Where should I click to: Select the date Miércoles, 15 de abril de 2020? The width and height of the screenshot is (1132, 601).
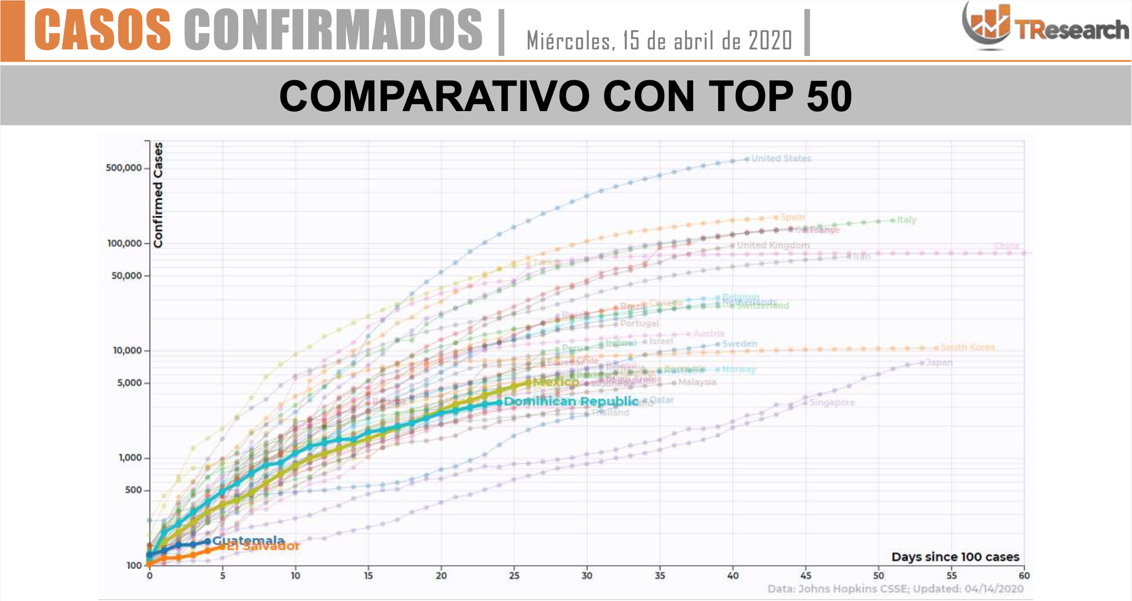[x=659, y=41]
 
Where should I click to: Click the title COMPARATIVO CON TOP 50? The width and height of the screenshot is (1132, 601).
[x=566, y=96]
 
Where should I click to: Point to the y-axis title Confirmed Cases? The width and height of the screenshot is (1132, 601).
[x=158, y=195]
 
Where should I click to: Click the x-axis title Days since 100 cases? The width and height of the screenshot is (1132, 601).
[x=955, y=557]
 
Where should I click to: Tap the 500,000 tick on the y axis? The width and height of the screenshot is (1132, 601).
[x=124, y=168]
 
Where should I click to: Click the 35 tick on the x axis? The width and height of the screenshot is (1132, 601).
[x=659, y=576]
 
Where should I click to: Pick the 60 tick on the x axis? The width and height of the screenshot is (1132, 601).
[x=1024, y=576]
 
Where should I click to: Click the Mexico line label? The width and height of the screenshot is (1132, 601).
[x=556, y=382]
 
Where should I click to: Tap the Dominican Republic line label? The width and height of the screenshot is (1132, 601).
[x=571, y=402]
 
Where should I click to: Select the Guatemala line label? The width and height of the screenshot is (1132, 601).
[x=248, y=540]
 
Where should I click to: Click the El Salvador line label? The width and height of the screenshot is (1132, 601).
[x=263, y=547]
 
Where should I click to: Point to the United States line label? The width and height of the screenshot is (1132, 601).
[x=781, y=159]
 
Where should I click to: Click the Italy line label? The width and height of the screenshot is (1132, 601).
[x=906, y=220]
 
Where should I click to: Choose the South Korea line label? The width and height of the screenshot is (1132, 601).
[x=967, y=347]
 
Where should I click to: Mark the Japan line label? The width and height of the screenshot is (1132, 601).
[x=939, y=363]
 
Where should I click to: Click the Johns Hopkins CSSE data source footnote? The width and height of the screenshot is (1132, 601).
[x=895, y=589]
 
